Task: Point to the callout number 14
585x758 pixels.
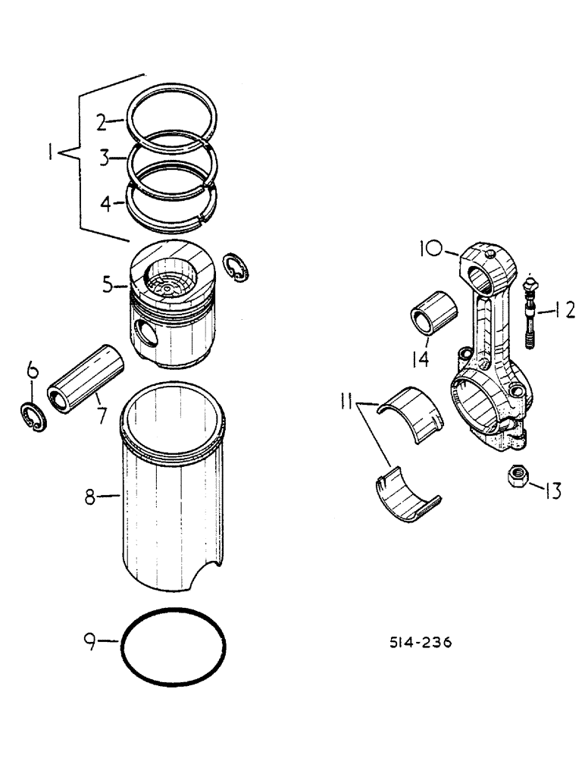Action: pos(419,357)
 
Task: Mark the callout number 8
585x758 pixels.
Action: pos(90,497)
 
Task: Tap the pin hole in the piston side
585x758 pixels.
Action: pos(142,331)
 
